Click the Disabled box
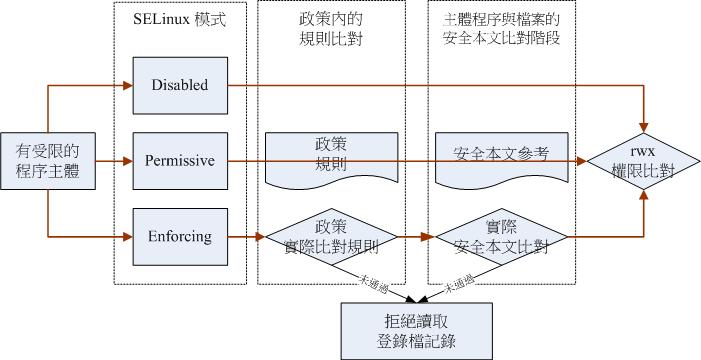[x=180, y=85]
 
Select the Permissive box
[x=180, y=161]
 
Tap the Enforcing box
[x=180, y=237]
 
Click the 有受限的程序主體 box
[x=48, y=161]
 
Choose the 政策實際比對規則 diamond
[x=331, y=237]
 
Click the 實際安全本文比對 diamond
[x=500, y=237]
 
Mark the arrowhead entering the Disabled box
[x=127, y=85]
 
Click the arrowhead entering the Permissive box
[x=127, y=161]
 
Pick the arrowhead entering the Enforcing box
[x=127, y=237]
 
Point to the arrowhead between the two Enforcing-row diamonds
[x=427, y=237]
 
